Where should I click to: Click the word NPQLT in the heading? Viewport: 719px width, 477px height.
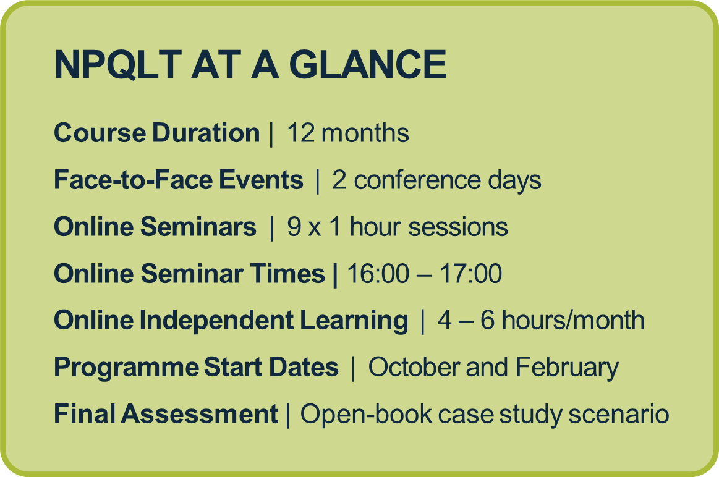tap(117, 64)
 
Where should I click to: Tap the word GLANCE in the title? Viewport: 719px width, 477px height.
tap(368, 64)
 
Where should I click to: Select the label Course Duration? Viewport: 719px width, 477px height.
tap(157, 133)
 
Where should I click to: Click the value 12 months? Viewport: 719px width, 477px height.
tap(348, 133)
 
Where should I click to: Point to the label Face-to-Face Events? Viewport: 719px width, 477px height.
tap(179, 180)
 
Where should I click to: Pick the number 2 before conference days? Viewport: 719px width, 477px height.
tap(339, 180)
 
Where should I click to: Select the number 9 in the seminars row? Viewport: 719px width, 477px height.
tap(294, 227)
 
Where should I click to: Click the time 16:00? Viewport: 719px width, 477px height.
tap(378, 274)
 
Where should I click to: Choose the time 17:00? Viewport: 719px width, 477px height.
tap(471, 274)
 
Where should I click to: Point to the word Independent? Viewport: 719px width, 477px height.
tap(216, 320)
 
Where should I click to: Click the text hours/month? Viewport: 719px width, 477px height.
tap(573, 320)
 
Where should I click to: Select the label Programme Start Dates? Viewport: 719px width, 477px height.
tap(196, 368)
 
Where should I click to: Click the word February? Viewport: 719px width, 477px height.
tap(567, 368)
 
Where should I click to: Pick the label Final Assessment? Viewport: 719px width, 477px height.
tap(166, 414)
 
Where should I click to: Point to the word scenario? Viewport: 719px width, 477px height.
tap(619, 414)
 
